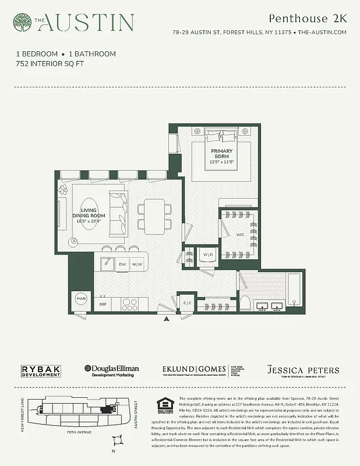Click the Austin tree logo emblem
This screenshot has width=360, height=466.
coord(23,23)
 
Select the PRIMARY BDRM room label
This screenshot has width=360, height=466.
coord(222,154)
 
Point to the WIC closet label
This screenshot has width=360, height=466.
coord(241,235)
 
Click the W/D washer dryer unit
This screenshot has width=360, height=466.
coord(208,255)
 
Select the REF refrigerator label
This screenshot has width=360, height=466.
coord(103,304)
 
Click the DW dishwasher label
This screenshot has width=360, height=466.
coord(122,264)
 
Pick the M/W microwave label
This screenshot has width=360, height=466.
coord(137,264)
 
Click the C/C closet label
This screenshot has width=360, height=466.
coord(188,303)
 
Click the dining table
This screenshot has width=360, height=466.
coord(155,215)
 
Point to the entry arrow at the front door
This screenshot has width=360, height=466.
coord(167,319)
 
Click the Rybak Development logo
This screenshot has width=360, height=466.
coord(41,370)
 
